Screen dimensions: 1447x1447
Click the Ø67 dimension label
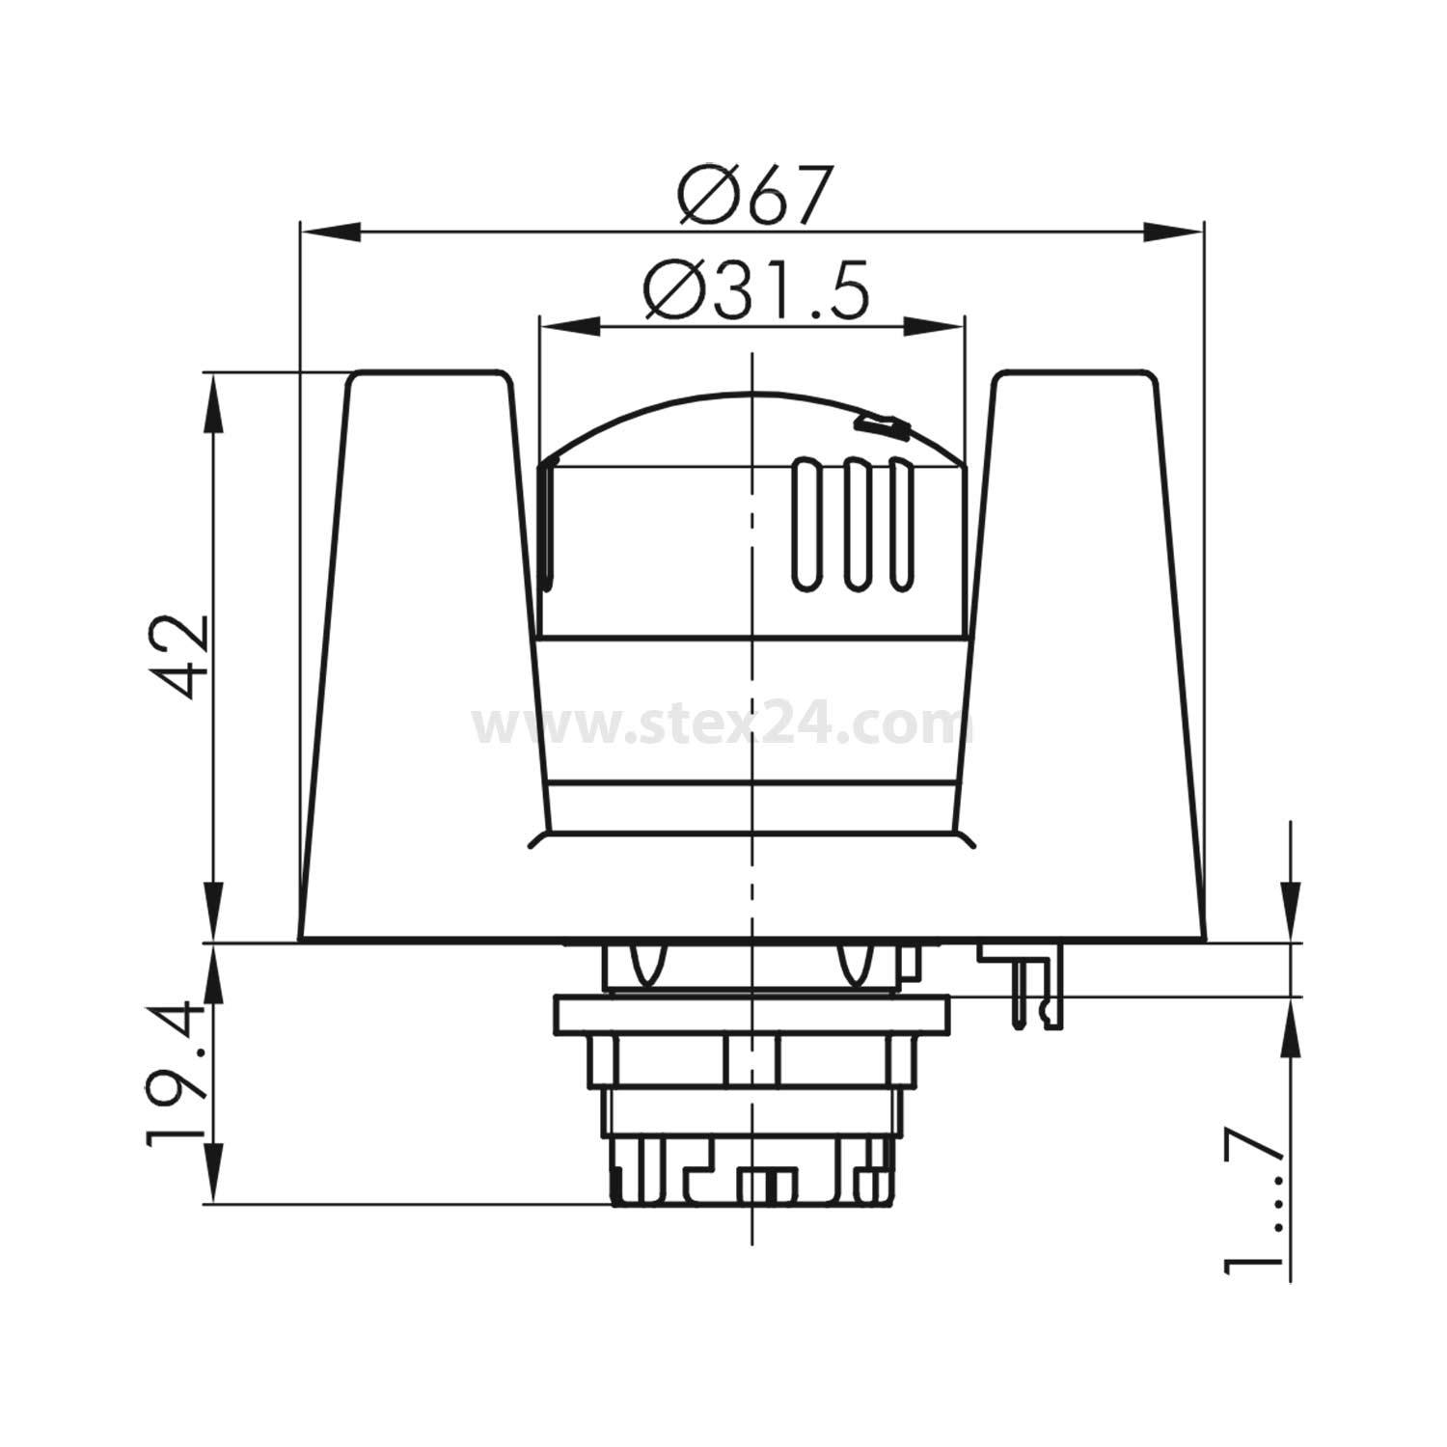coord(752,197)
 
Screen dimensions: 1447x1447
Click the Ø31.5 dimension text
coord(756,290)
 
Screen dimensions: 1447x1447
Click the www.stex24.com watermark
coord(718,725)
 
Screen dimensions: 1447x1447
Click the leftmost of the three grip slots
coord(807,523)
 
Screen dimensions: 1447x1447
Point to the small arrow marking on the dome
coord(880,423)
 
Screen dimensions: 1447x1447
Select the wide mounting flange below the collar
coord(751,1014)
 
